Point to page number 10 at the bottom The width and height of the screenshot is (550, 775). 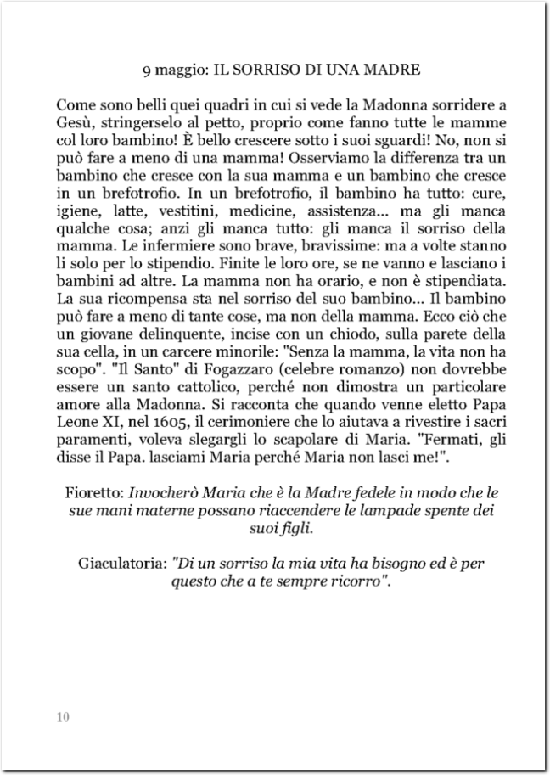coord(63,716)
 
